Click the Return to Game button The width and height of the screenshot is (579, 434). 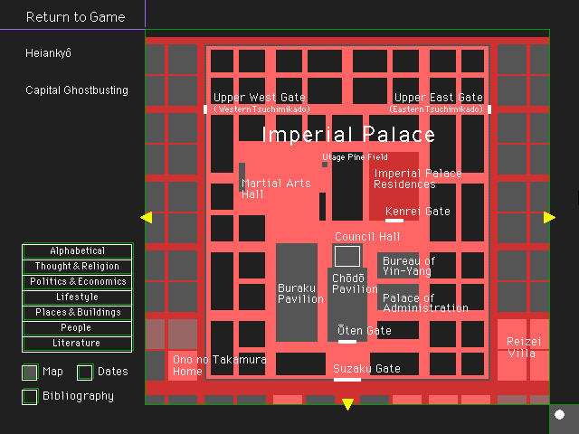[x=76, y=17]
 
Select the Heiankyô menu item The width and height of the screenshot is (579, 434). [x=49, y=53]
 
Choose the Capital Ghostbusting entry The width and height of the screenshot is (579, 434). [x=77, y=90]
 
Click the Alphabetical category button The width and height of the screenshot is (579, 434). [x=78, y=251]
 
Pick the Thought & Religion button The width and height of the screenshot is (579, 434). [x=78, y=267]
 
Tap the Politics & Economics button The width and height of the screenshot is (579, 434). [x=78, y=282]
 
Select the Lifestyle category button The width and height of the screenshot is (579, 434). [x=78, y=297]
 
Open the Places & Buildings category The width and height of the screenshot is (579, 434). [x=78, y=313]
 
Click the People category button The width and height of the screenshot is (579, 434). [x=78, y=328]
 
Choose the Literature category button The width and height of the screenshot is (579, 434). [x=78, y=344]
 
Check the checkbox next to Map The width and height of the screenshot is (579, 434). [x=30, y=372]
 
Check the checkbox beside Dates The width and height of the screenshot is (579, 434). [x=85, y=372]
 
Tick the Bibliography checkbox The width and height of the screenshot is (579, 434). [x=30, y=396]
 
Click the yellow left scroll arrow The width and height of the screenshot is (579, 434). [x=147, y=217]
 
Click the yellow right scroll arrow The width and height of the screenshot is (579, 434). [x=549, y=217]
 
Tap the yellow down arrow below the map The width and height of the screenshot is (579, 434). [x=347, y=404]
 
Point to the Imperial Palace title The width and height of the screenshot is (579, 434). [x=348, y=136]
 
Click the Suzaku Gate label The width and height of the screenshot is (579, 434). [x=366, y=369]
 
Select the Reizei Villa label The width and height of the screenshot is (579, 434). [x=523, y=347]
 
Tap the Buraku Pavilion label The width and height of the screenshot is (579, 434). [x=300, y=294]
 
